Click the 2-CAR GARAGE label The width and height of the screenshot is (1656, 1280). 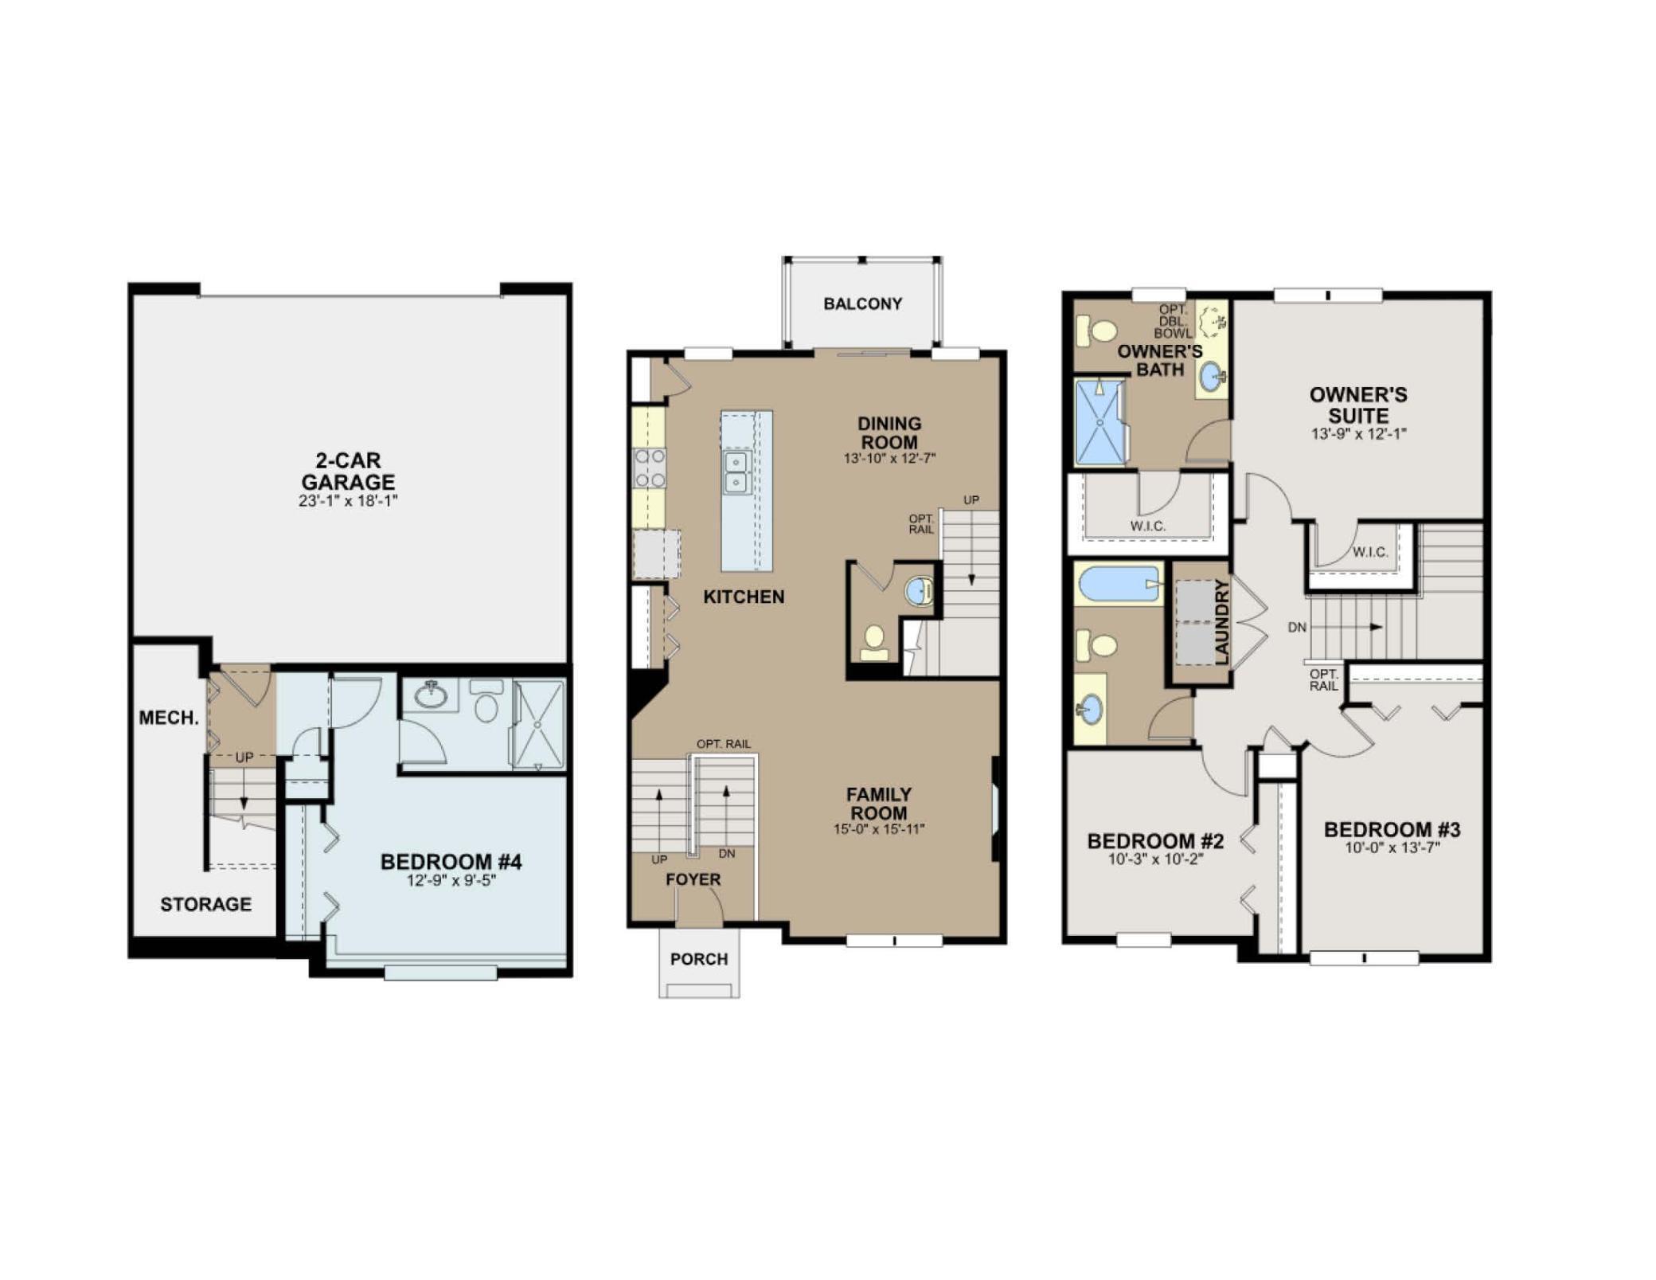click(x=348, y=471)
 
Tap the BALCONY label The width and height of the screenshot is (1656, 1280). click(x=862, y=303)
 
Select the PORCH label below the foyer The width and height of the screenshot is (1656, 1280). click(x=698, y=959)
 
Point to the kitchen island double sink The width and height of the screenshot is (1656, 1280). click(x=736, y=472)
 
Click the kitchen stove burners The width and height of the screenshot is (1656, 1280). click(x=649, y=468)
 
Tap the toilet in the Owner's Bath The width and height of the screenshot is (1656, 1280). click(x=1097, y=329)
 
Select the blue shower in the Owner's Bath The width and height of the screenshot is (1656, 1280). click(x=1100, y=422)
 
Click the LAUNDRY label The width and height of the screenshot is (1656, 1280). click(x=1222, y=622)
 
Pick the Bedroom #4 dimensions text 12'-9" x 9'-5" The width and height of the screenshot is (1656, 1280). click(x=451, y=880)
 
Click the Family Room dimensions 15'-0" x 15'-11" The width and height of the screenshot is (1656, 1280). click(x=879, y=829)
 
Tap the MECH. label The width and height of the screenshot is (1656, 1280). click(x=169, y=718)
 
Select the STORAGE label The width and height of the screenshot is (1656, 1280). click(x=205, y=904)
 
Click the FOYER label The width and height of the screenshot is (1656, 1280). click(x=693, y=879)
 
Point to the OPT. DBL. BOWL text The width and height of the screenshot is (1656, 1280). click(x=1173, y=321)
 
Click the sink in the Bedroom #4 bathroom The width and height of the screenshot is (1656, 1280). click(x=431, y=695)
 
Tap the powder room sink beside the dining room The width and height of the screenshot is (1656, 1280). click(x=919, y=591)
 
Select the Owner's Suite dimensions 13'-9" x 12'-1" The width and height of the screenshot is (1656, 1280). click(x=1359, y=434)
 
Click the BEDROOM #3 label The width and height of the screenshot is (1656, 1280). click(x=1392, y=829)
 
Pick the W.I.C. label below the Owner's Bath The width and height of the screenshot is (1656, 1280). click(x=1147, y=526)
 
